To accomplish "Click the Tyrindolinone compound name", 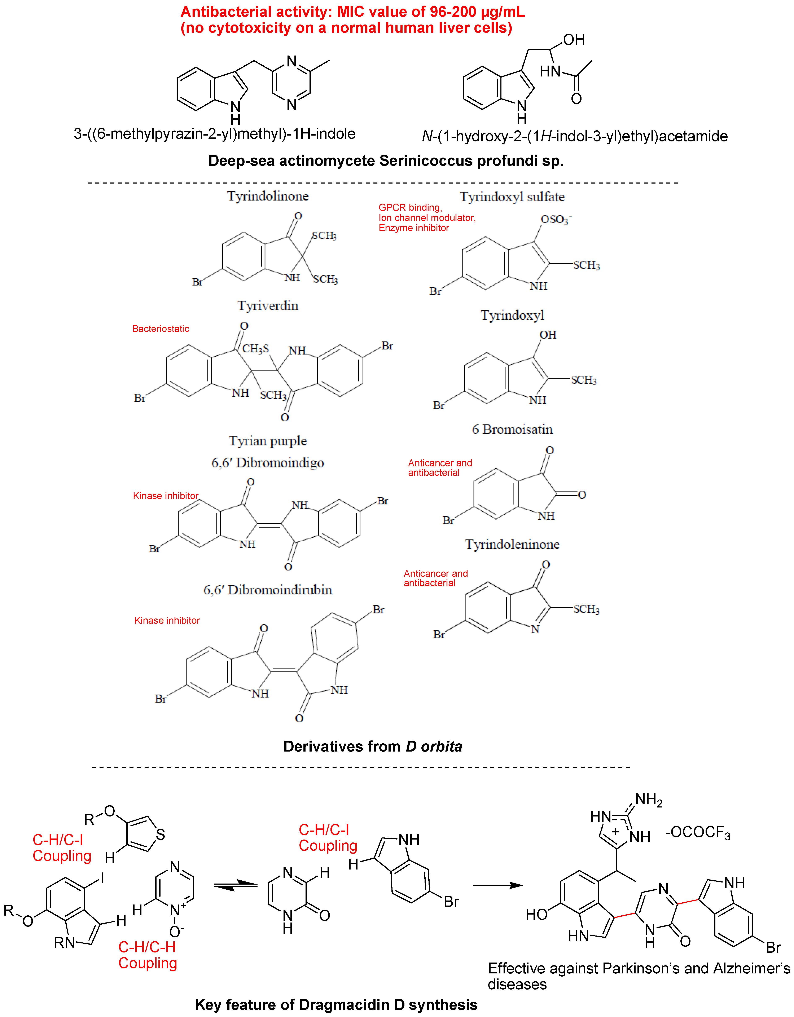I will [268, 196].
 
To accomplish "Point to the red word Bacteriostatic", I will [161, 329].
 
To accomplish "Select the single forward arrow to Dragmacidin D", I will [497, 885].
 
